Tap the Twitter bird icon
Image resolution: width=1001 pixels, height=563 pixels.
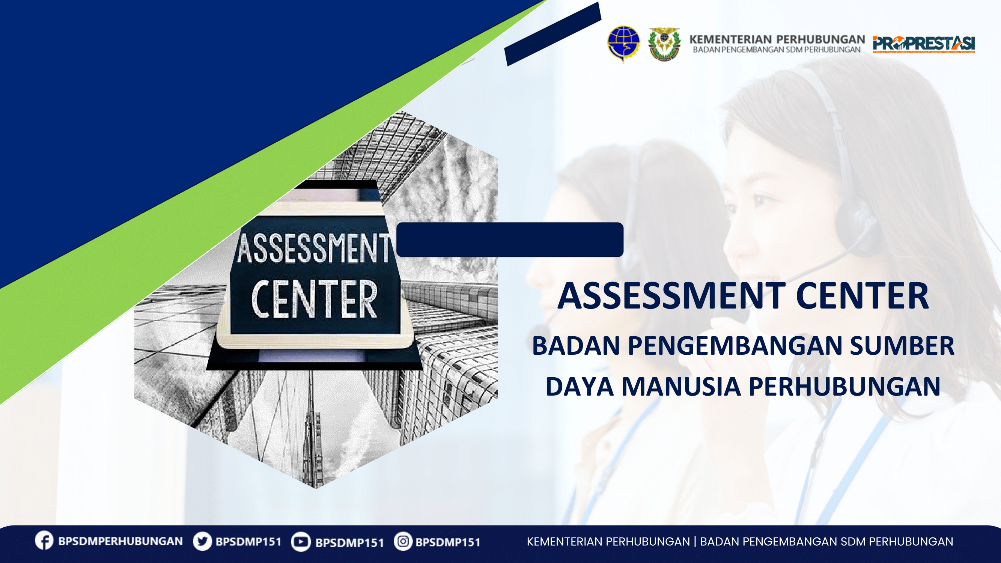tap(202, 541)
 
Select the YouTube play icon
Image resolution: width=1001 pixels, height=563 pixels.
tap(300, 542)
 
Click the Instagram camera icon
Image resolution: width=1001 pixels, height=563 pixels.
tap(403, 541)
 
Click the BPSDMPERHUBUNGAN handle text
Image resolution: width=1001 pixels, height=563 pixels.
tap(120, 541)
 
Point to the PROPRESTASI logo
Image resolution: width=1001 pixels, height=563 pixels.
tap(924, 44)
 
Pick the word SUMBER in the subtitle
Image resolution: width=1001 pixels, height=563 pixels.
tap(902, 346)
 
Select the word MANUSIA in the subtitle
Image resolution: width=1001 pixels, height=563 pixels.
tap(681, 387)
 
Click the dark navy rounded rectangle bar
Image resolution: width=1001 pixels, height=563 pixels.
tap(509, 239)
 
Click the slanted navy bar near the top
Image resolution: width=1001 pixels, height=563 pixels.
tap(552, 34)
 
